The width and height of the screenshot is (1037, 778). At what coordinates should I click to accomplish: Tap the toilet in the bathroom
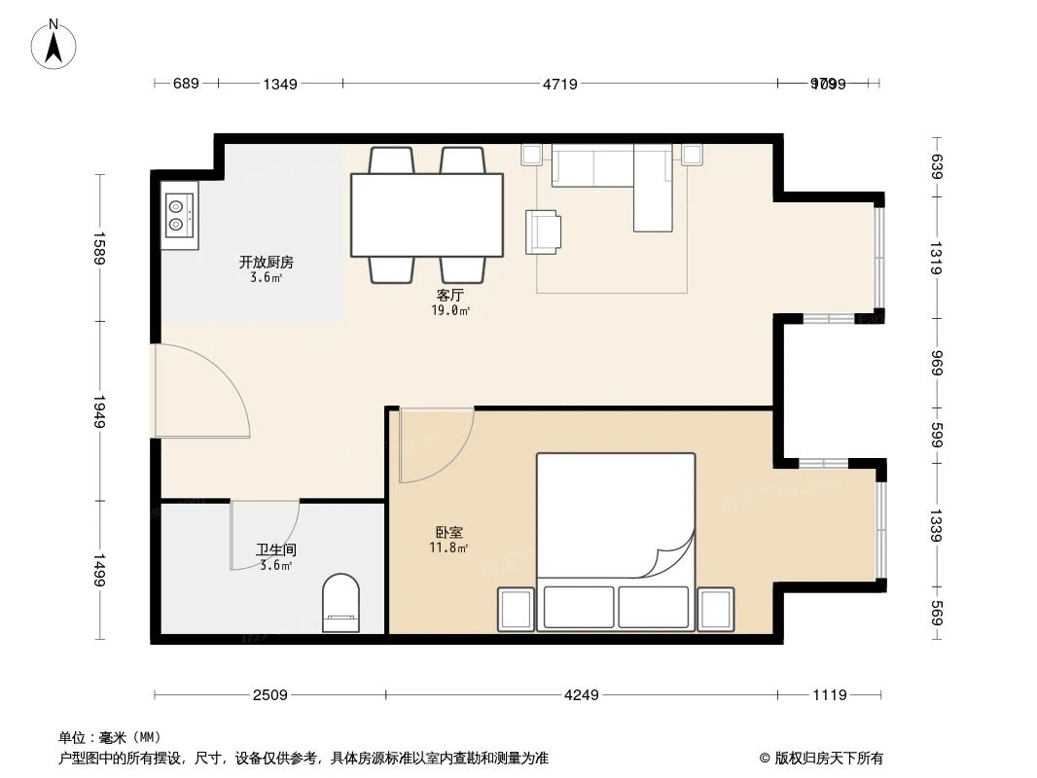[x=340, y=603]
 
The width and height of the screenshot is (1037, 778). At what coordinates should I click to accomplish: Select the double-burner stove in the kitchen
[x=177, y=214]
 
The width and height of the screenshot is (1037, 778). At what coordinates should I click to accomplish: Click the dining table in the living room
[x=426, y=214]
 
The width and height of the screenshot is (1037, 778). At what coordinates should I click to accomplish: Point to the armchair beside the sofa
[x=543, y=231]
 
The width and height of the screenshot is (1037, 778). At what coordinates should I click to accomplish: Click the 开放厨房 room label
[x=267, y=262]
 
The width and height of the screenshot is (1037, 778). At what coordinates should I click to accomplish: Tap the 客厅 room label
[x=449, y=295]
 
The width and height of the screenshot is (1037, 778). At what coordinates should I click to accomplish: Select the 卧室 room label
[x=448, y=532]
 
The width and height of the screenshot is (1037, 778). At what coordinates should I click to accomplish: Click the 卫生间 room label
[x=269, y=548]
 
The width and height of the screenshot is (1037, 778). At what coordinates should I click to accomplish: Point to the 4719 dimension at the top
[x=559, y=85]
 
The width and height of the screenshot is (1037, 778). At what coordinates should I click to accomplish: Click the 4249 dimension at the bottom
[x=581, y=694]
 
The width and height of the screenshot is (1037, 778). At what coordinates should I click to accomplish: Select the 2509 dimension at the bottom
[x=269, y=694]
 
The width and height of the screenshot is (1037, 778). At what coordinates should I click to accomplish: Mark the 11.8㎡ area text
[x=448, y=548]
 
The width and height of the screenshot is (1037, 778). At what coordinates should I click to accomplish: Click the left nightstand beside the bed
[x=516, y=609]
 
